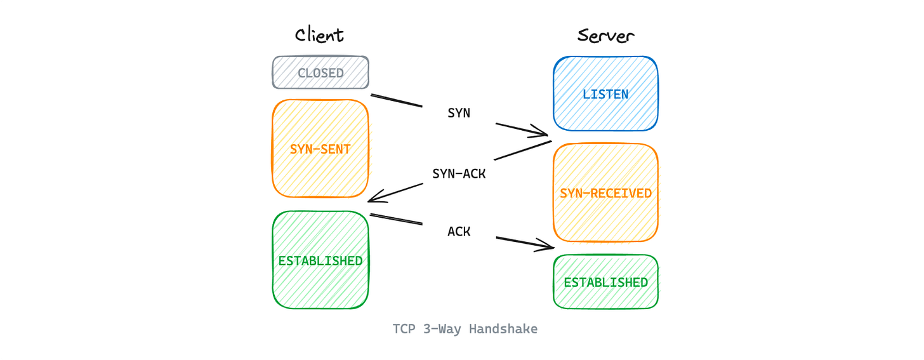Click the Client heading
[319, 35]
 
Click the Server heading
[605, 36]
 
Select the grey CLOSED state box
[320, 72]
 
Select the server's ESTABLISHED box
[605, 282]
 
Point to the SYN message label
[459, 113]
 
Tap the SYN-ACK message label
[459, 173]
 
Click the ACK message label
[459, 232]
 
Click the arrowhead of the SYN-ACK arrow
[372, 198]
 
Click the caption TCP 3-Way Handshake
[465, 329]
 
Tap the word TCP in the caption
[404, 329]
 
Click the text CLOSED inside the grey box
[320, 73]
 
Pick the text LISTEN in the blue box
[605, 95]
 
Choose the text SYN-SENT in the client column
[320, 149]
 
